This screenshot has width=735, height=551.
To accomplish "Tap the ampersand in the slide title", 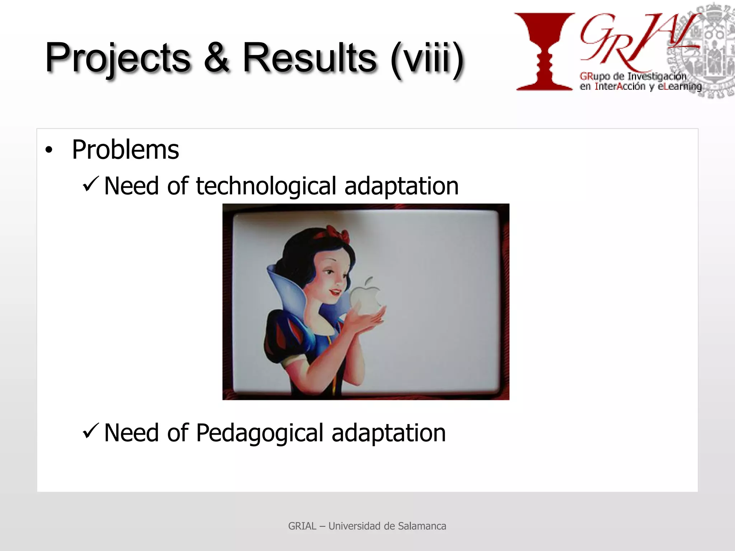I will (216, 57).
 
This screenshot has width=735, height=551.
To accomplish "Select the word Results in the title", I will (309, 57).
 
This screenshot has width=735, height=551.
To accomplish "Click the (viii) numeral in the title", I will (427, 59).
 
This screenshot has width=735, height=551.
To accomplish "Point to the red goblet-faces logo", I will (544, 50).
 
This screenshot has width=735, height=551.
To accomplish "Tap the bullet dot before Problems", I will (49, 150).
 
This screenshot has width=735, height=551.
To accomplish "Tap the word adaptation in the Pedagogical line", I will (388, 433).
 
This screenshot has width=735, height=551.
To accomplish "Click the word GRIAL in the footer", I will (302, 526).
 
